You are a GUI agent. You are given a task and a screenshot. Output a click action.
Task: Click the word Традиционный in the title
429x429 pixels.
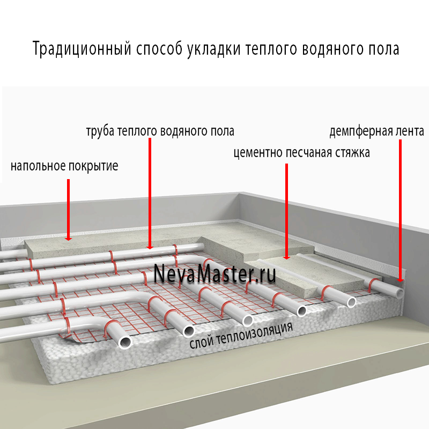(82, 49)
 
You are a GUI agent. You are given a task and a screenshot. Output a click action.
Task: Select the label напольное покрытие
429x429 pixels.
(64, 166)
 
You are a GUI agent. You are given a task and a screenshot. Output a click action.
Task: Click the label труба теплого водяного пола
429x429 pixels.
(160, 131)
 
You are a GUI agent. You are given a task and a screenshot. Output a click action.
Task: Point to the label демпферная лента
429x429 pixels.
(377, 131)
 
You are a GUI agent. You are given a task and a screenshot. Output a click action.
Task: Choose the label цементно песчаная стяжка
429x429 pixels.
(301, 153)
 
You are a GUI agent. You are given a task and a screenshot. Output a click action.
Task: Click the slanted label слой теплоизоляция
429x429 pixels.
(241, 336)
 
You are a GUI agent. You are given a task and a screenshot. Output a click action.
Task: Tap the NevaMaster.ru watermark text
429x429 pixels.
(215, 273)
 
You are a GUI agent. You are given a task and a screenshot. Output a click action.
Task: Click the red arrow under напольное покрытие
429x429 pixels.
(69, 210)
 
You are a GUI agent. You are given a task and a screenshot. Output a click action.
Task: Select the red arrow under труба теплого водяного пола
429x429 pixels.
(150, 194)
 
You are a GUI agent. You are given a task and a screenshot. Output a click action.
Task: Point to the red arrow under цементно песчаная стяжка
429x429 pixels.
(286, 211)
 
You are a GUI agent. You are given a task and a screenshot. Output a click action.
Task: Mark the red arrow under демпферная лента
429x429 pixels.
(400, 211)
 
